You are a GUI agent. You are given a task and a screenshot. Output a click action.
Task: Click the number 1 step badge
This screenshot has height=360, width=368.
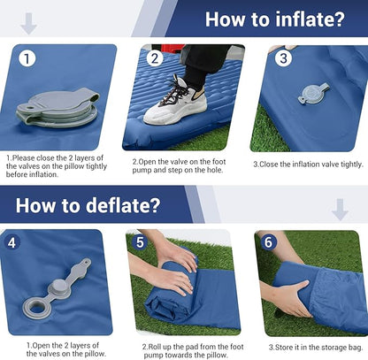point(27,58)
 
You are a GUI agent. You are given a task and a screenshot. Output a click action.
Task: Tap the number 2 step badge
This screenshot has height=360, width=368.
point(155,58)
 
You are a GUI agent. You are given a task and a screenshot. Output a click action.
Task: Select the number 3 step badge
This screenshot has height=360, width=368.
point(283,58)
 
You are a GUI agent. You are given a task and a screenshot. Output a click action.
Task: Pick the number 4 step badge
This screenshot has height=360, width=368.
point(11,243)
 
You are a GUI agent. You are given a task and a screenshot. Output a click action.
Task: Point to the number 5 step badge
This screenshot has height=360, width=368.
point(140,242)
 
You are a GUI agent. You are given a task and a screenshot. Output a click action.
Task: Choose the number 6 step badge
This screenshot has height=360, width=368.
point(268,242)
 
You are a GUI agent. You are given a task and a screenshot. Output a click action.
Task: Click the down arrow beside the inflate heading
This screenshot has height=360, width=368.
point(28,24)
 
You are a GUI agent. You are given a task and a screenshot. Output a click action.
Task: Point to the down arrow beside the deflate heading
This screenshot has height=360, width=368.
point(340,210)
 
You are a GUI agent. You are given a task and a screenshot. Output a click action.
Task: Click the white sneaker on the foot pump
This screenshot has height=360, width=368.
point(175,102)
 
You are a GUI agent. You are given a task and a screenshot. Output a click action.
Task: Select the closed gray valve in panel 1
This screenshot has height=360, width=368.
point(57,108)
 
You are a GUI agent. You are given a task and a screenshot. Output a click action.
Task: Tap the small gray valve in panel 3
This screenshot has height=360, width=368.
point(313,93)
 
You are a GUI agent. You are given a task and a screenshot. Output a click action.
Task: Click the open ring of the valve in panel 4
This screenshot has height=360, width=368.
point(37,307)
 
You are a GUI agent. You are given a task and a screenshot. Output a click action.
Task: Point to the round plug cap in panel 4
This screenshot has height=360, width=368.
point(60,287)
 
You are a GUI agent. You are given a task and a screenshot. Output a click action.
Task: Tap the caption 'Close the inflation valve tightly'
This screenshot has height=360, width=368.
point(308,165)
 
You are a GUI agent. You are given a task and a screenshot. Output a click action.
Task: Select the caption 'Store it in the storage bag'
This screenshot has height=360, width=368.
point(316,348)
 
